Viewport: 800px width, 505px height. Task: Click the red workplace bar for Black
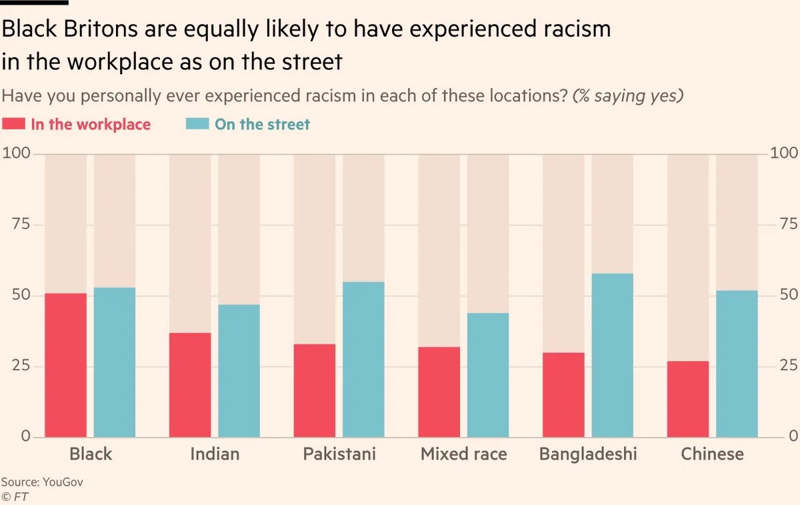[65, 365]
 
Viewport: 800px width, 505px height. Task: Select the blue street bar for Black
[114, 362]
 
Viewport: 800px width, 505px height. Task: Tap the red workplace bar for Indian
[190, 385]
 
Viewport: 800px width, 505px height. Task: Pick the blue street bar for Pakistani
[363, 360]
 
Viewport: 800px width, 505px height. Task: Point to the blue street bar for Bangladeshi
[612, 355]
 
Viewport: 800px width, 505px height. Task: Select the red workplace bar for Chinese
[688, 399]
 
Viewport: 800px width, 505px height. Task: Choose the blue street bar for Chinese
[737, 364]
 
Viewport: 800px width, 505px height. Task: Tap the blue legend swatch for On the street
[197, 124]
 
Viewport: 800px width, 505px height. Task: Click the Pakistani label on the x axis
[339, 454]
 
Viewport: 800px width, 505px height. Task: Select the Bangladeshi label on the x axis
[588, 454]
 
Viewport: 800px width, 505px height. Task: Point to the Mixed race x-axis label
[463, 454]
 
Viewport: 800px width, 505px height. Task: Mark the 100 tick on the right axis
[783, 154]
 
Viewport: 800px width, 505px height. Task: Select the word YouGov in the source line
[63, 482]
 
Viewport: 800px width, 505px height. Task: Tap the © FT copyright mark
[15, 496]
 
